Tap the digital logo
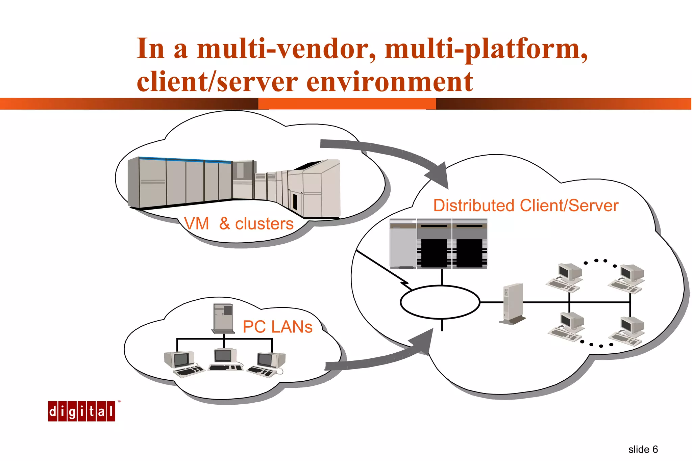[81, 411]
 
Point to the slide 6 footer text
[643, 450]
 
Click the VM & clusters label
[239, 224]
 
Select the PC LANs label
[277, 327]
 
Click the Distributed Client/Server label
[525, 206]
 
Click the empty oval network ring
[440, 302]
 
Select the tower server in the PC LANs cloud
[223, 318]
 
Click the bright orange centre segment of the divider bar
[347, 104]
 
